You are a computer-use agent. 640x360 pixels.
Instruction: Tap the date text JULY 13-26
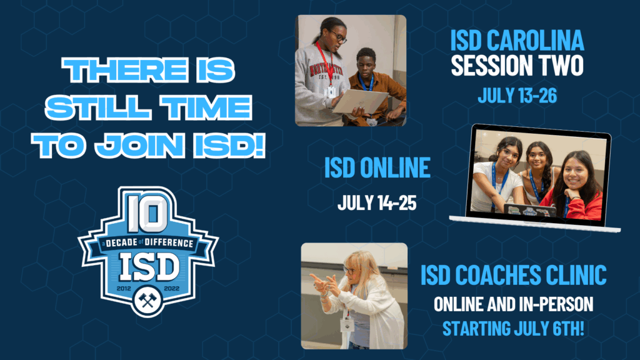pyautogui.click(x=517, y=96)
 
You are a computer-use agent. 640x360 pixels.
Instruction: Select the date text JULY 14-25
pyautogui.click(x=377, y=202)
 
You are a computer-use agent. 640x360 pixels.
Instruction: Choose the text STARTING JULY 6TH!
pyautogui.click(x=514, y=329)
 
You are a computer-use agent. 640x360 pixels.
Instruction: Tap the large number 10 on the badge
pyautogui.click(x=147, y=214)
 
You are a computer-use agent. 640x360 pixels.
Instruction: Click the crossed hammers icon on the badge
pyautogui.click(x=147, y=301)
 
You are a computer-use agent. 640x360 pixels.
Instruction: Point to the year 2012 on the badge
pyautogui.click(x=124, y=288)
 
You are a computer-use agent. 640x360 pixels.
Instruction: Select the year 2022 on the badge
pyautogui.click(x=171, y=288)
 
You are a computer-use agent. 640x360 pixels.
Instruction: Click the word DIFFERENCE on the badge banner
pyautogui.click(x=169, y=243)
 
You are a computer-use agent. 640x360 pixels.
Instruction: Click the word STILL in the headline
pyautogui.click(x=97, y=107)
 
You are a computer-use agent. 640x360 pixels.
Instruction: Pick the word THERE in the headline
pyautogui.click(x=125, y=70)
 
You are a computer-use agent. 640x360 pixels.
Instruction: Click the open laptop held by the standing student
pyautogui.click(x=359, y=102)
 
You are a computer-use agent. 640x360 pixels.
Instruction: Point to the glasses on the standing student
pyautogui.click(x=339, y=36)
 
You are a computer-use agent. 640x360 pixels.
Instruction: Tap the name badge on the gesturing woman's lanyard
pyautogui.click(x=347, y=325)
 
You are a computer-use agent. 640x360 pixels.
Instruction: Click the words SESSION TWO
pyautogui.click(x=517, y=66)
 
